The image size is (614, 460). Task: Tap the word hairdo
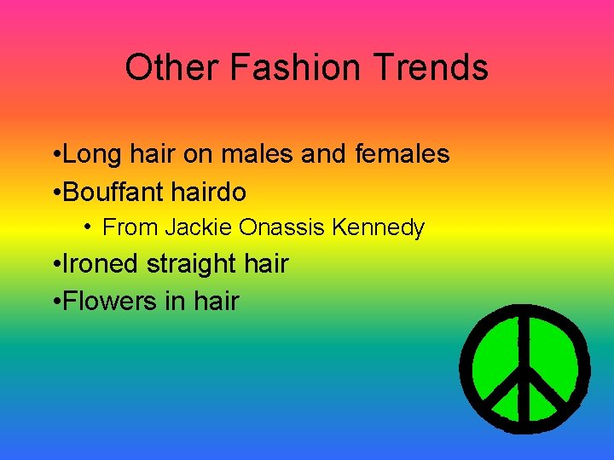click(208, 192)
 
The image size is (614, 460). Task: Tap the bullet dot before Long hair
click(55, 156)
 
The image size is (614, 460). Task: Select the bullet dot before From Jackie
click(89, 227)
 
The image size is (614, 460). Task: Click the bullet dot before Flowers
click(55, 302)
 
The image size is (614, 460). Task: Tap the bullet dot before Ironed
click(55, 265)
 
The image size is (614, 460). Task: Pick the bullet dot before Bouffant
click(55, 193)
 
